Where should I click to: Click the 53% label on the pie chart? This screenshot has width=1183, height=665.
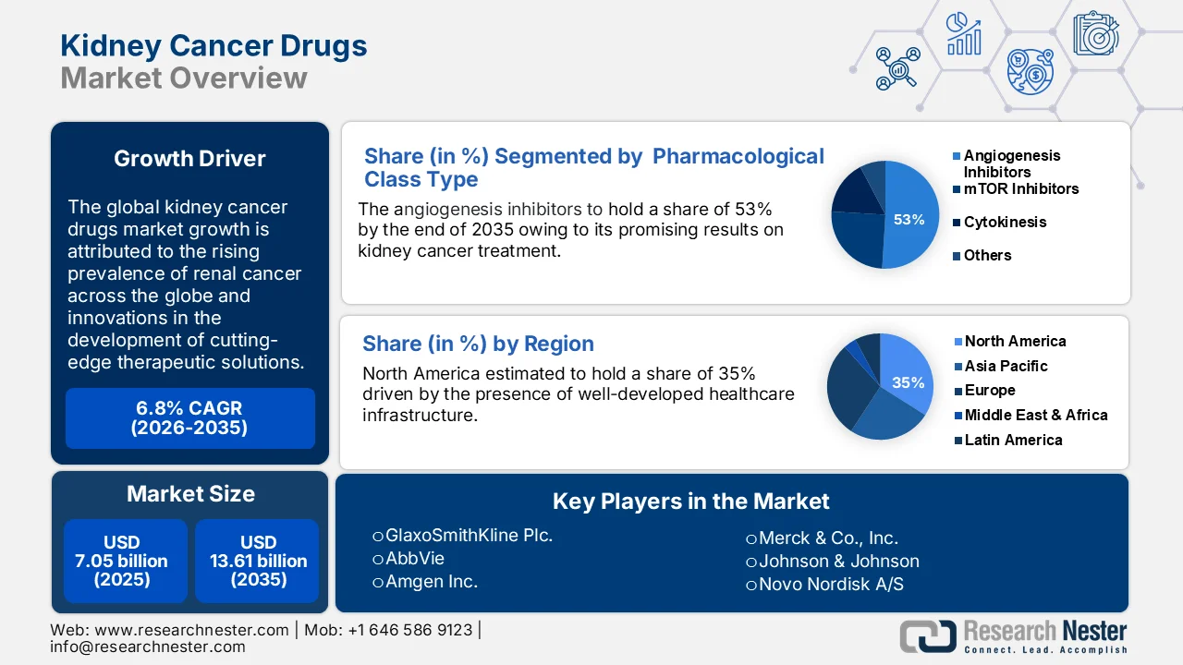(909, 220)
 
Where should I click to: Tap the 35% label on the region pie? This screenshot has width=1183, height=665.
(908, 382)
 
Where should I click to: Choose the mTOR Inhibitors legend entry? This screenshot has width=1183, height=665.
(1020, 188)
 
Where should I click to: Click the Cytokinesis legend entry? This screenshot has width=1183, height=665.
(1005, 222)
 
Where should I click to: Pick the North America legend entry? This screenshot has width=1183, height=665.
(1014, 341)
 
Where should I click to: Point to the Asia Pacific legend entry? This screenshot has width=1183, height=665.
(1006, 366)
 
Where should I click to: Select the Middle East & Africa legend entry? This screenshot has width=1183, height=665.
(1035, 415)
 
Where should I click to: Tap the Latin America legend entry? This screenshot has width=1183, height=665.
(1012, 440)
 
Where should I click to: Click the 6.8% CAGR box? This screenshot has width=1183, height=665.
(189, 418)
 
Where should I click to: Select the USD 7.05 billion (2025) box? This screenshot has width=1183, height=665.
(122, 561)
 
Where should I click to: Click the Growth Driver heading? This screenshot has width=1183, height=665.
(189, 159)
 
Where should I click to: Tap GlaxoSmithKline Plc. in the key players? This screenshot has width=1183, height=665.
(470, 535)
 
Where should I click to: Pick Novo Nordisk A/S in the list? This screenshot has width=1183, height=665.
(831, 584)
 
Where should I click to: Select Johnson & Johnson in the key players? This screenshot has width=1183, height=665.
(838, 561)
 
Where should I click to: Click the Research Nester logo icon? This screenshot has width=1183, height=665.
(928, 636)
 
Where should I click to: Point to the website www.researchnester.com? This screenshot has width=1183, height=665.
(191, 630)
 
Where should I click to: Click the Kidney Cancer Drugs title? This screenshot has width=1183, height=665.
(213, 45)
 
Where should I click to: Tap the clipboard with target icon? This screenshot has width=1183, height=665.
(1095, 33)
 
